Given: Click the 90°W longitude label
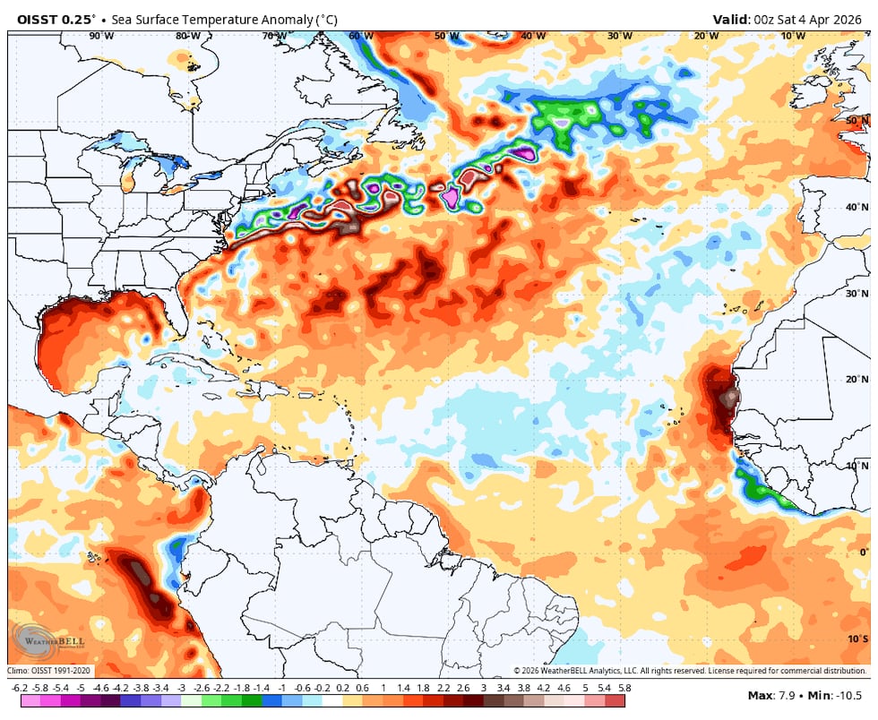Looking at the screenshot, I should tap(101, 36).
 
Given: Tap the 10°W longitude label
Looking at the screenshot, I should tap(792, 36).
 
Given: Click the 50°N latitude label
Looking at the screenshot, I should tap(856, 120).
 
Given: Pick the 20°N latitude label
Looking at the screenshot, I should tap(856, 380).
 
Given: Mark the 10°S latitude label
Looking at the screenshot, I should tap(857, 639).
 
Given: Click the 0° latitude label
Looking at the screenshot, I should tap(864, 553).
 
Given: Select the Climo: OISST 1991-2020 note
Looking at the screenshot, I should tap(49, 670).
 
